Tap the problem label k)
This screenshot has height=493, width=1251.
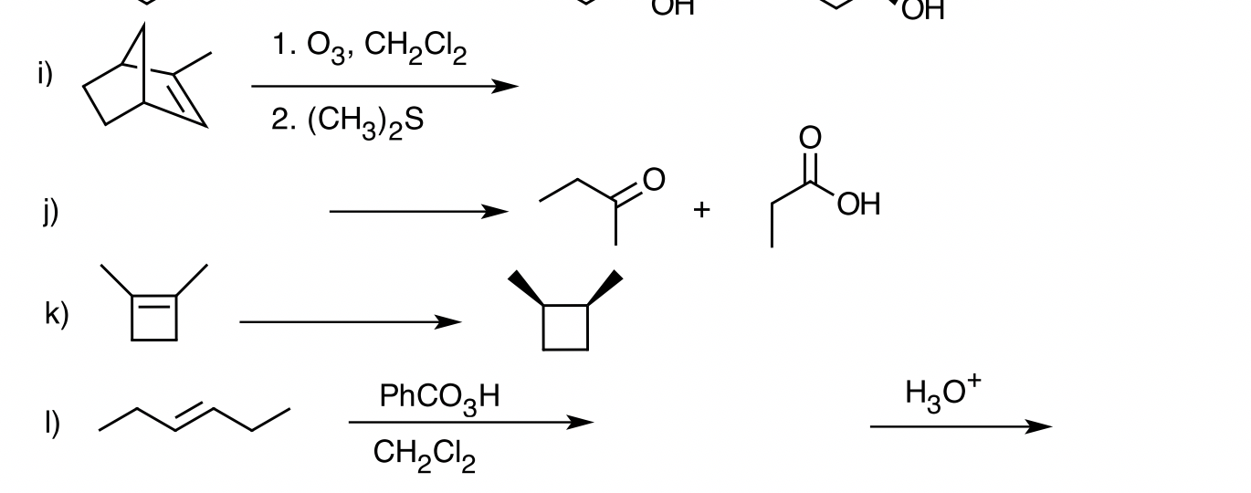tap(56, 314)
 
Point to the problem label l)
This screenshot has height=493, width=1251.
tap(53, 423)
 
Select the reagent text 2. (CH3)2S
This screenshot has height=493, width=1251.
tap(347, 121)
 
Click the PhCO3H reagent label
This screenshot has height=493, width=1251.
tap(440, 397)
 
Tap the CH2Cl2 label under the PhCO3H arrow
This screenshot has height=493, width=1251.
tap(425, 455)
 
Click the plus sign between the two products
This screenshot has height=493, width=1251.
tap(700, 210)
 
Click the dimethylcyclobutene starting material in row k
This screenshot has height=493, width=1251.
tap(154, 306)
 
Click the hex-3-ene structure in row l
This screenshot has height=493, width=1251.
tap(194, 419)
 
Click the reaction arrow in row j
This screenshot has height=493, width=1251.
tap(418, 212)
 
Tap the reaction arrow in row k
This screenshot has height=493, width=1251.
tap(351, 321)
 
